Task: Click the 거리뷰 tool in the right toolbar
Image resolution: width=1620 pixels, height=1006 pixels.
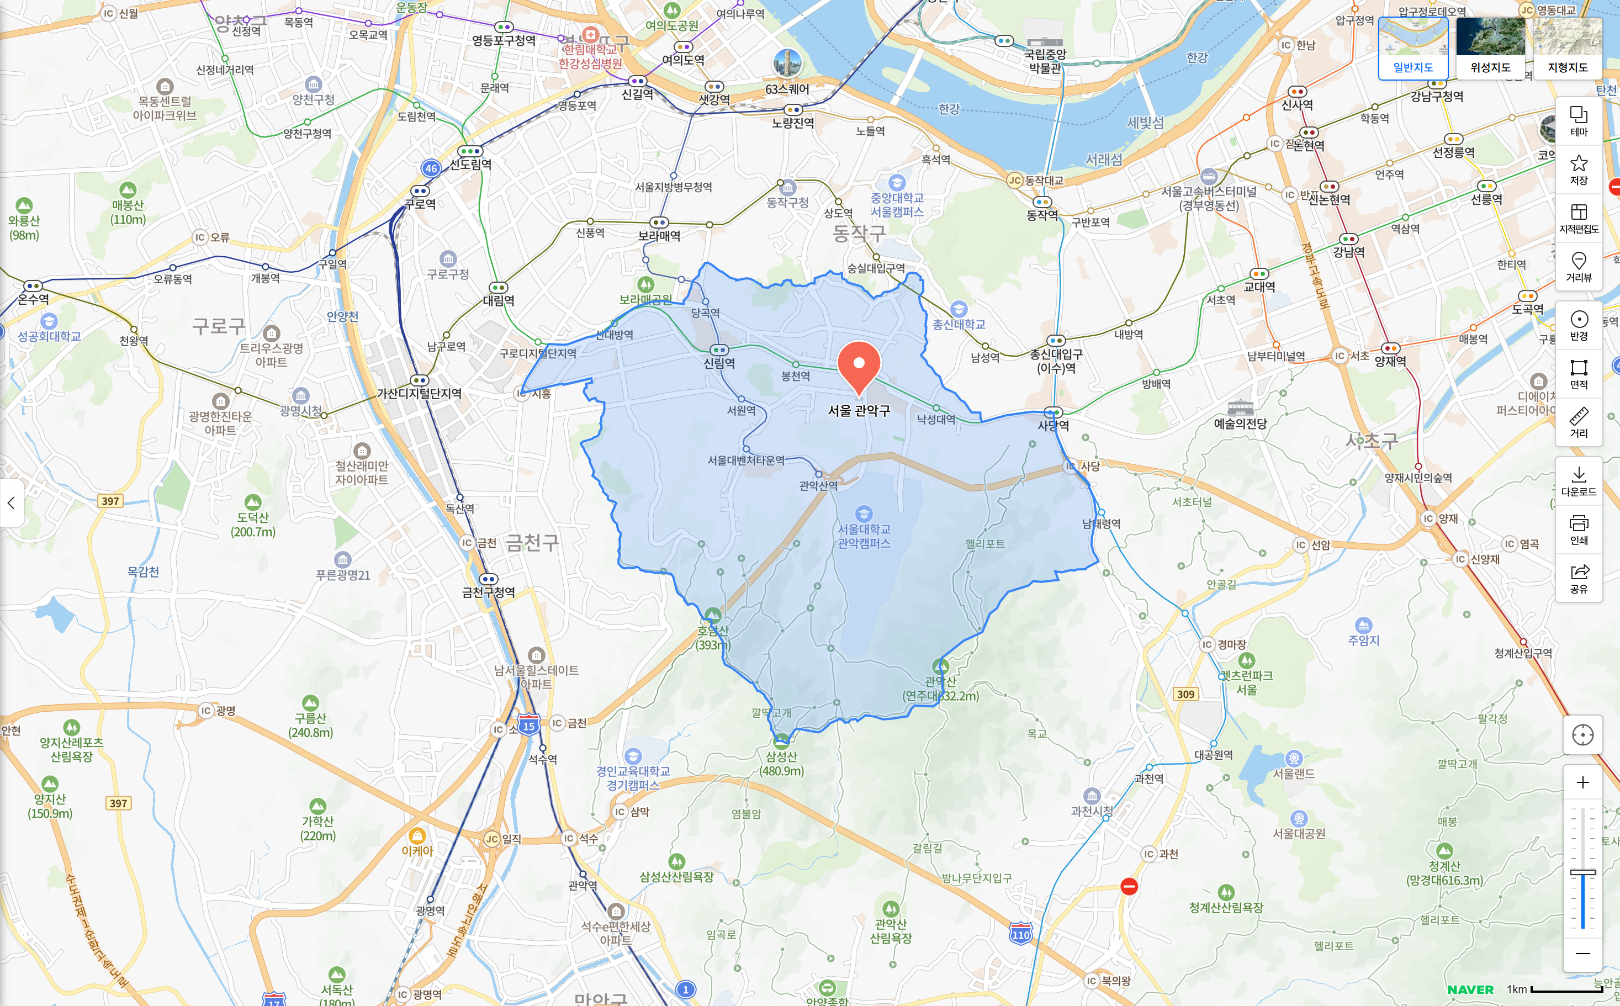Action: (x=1579, y=267)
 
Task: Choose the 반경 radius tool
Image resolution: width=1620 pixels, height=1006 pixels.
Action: (x=1579, y=325)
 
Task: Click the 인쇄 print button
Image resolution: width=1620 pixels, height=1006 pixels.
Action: (x=1579, y=530)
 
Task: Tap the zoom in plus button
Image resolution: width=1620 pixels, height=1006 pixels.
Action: (x=1583, y=782)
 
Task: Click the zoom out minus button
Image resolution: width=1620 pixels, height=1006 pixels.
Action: (x=1583, y=954)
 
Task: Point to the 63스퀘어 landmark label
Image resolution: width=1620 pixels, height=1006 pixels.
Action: (x=787, y=89)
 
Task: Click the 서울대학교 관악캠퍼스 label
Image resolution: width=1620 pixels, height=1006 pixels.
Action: (x=864, y=536)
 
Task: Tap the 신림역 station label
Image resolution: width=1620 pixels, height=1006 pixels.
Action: (x=719, y=363)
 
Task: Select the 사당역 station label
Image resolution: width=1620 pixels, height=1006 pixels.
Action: (x=1053, y=425)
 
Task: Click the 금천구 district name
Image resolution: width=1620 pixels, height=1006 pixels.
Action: (x=532, y=543)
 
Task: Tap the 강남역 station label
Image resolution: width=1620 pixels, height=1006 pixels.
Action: (x=1348, y=252)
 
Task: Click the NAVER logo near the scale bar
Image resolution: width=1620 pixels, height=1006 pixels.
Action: (x=1470, y=989)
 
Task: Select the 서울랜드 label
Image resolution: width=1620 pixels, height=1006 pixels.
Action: (x=1294, y=774)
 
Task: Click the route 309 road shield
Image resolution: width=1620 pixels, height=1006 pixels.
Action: (x=1185, y=694)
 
